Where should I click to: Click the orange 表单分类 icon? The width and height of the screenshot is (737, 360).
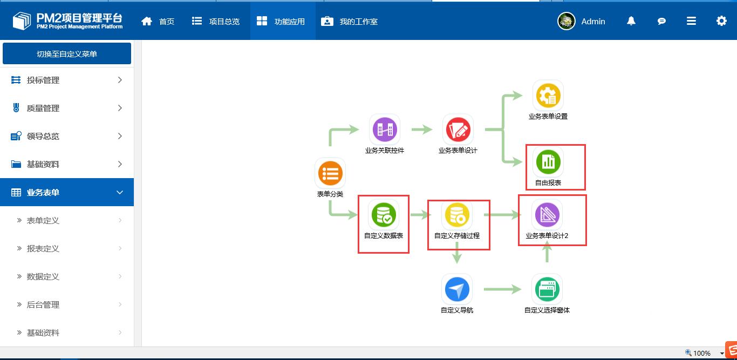pos(330,173)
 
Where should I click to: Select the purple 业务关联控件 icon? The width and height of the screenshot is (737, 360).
pos(385,130)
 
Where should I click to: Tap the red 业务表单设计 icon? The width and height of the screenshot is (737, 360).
pos(458,130)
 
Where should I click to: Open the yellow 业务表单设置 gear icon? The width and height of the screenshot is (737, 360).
pos(548,96)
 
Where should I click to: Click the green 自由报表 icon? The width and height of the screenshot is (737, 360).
pos(548,161)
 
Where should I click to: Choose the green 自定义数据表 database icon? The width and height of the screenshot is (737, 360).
pos(384,215)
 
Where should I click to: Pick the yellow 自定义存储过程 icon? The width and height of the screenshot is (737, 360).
pos(457,215)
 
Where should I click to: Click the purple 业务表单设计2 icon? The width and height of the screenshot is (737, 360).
pos(547,215)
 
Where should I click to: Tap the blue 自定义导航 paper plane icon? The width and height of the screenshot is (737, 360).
pos(457,289)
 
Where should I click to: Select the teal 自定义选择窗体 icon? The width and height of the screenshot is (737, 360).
pos(547,289)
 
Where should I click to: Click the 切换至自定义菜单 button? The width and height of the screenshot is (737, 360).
pos(67,54)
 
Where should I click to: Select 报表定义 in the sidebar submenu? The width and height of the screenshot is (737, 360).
pos(43,248)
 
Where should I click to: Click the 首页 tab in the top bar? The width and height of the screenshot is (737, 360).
pos(158,22)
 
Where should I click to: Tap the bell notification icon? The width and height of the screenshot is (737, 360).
pos(631,21)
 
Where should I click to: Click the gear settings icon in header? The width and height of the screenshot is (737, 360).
pos(721,21)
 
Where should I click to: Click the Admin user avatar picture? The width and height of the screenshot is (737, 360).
pos(567,21)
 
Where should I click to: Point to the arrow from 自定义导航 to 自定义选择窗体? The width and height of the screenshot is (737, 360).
pos(502,289)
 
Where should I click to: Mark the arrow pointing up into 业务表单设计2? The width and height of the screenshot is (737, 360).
pos(547,252)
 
